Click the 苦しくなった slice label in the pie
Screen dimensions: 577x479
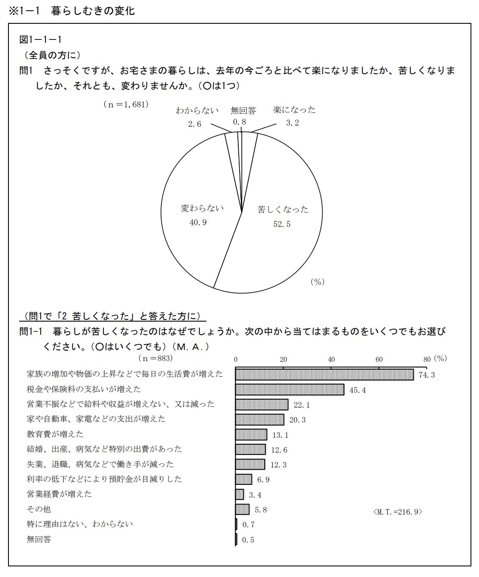283,209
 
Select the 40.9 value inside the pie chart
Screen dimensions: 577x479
198,222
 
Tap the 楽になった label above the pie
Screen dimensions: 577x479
294,110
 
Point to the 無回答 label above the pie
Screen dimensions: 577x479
243,110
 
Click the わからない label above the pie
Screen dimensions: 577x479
197,110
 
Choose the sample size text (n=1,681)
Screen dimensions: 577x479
126,104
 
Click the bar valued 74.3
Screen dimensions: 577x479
324,374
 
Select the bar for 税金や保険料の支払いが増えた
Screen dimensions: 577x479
290,389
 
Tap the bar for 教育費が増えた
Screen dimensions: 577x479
251,434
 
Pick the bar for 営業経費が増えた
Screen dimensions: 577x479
239,494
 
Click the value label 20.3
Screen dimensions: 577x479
297,420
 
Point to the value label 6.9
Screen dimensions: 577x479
263,480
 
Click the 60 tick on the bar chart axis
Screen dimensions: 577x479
379,359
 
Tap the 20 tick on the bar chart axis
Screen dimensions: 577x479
284,359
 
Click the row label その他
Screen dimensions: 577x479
39,509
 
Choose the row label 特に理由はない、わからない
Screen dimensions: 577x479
80,524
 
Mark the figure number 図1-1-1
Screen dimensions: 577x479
41,39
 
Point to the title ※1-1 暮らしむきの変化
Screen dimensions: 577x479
72,11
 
